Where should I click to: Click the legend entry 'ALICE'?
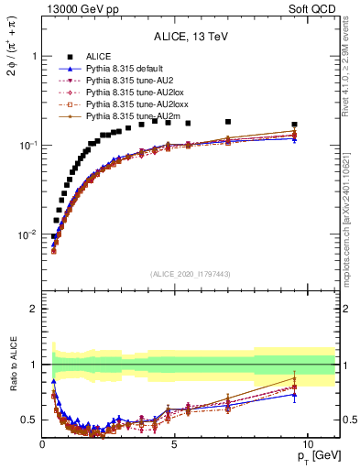(99, 57)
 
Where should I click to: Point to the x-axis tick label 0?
(43, 444)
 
